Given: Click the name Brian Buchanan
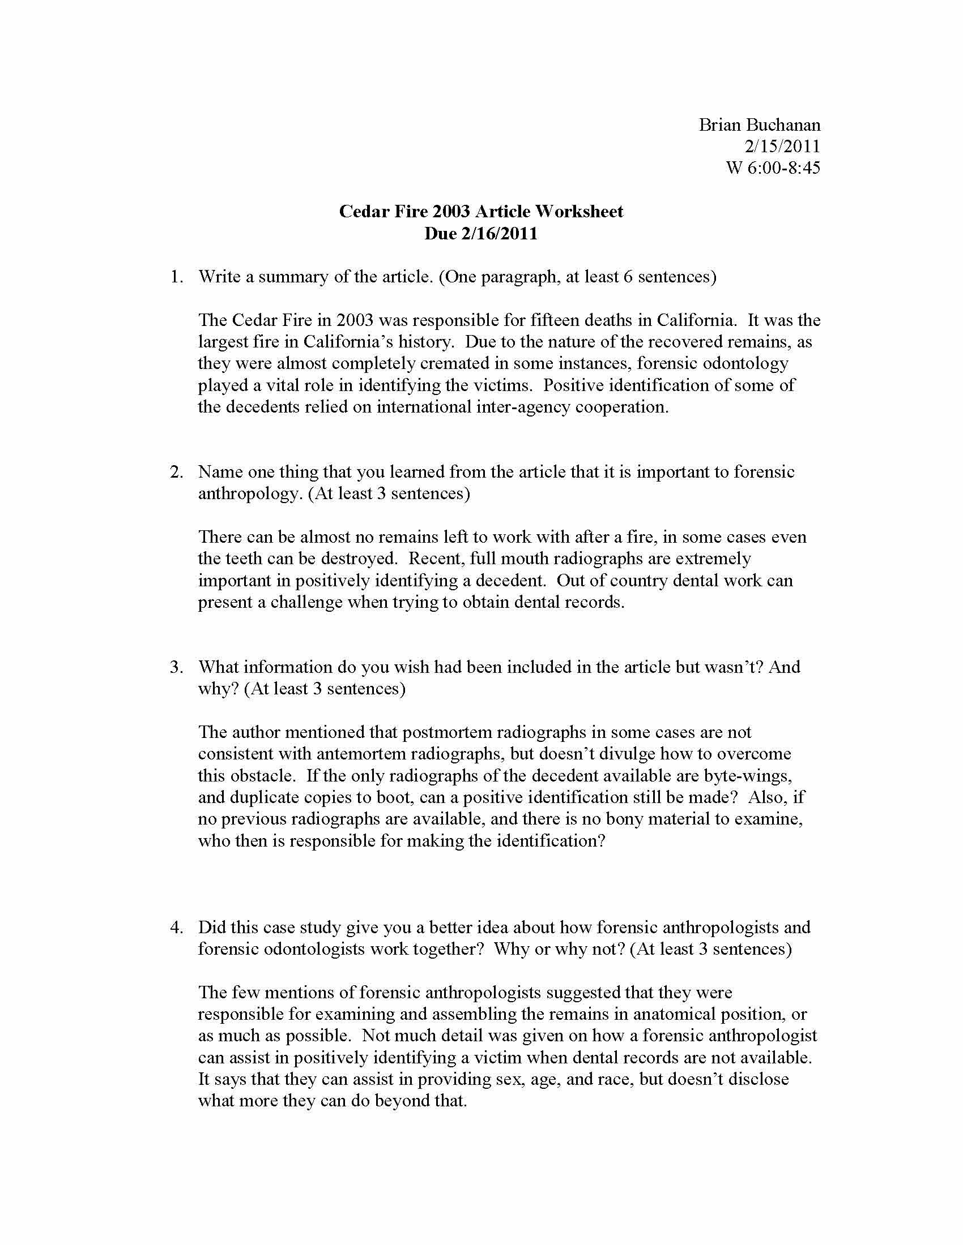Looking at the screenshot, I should click(759, 125).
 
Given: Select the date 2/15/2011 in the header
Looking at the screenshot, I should click(782, 147).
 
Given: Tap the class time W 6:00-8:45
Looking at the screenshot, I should click(773, 168).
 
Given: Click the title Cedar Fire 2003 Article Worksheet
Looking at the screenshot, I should click(481, 212).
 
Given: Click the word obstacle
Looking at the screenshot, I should click(263, 776).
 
